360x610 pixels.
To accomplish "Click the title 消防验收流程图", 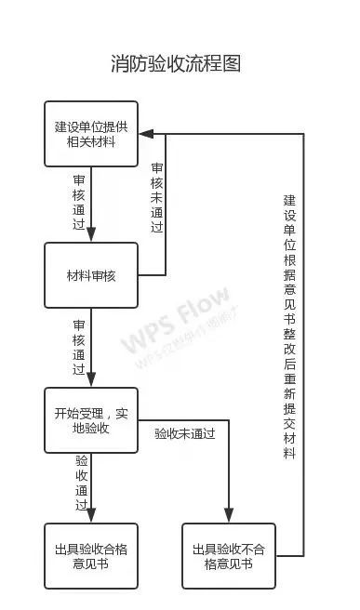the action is (176, 63).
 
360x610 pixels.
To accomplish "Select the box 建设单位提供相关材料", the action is (91, 134).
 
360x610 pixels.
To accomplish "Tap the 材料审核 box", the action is (91, 276).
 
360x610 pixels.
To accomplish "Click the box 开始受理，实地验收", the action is (91, 419).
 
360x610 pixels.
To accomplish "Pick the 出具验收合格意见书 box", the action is (91, 556).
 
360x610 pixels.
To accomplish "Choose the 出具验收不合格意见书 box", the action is (228, 556).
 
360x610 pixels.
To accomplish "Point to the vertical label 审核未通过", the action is (157, 197).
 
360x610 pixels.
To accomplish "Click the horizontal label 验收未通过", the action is (184, 433).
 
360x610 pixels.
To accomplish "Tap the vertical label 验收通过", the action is (81, 482).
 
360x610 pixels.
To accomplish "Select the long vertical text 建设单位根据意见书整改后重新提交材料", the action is (289, 326).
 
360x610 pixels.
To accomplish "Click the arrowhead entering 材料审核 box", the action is (91, 238).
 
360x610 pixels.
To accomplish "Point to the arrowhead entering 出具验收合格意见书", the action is (91, 518).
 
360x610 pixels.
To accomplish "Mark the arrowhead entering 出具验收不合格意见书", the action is (228, 518).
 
